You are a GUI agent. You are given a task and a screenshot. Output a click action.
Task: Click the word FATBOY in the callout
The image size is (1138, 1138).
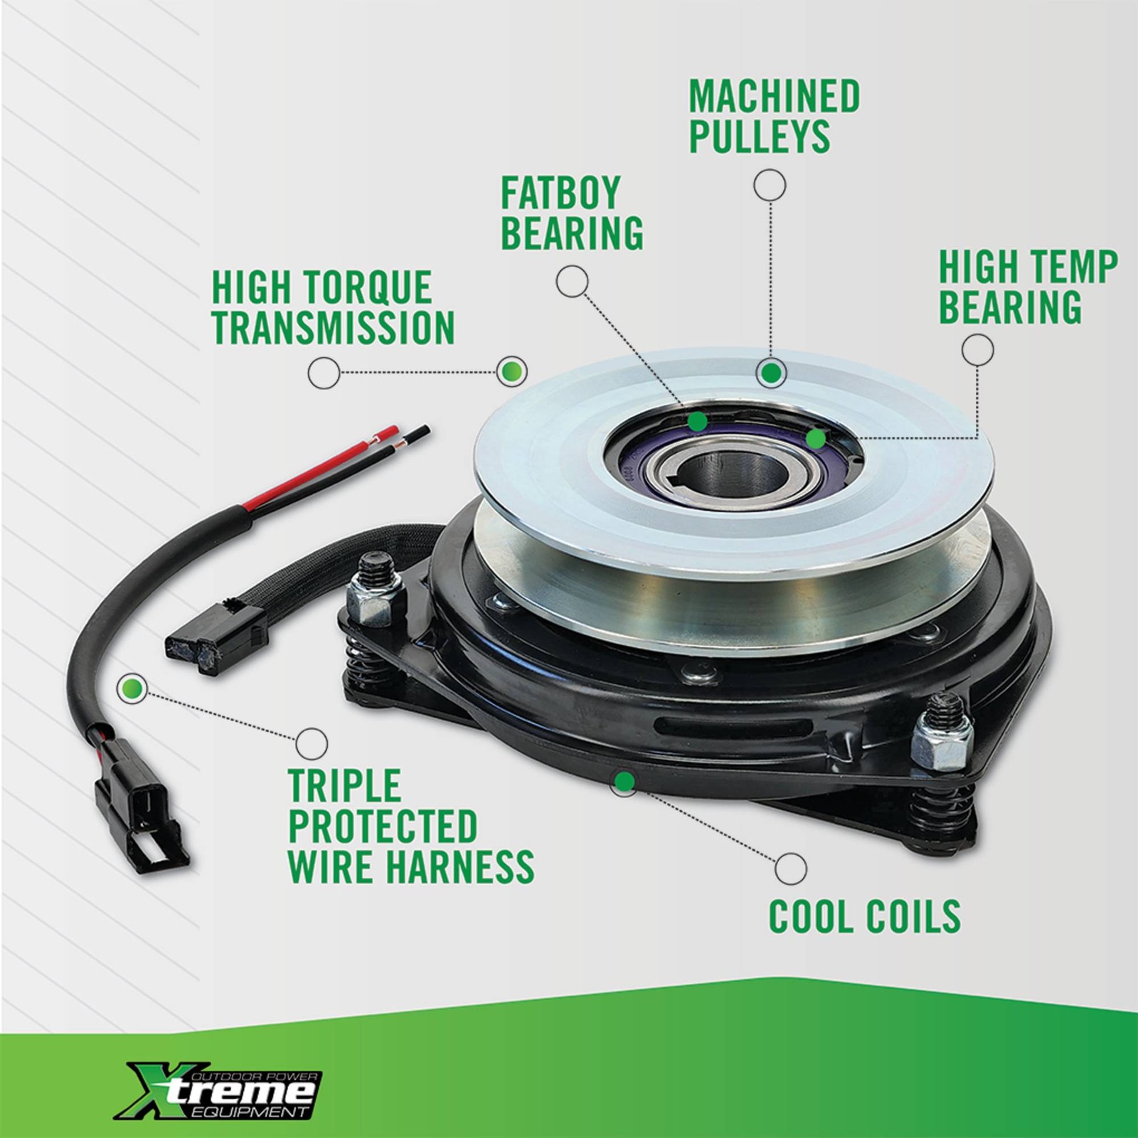tap(560, 193)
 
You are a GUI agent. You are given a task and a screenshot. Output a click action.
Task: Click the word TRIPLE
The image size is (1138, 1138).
tap(345, 786)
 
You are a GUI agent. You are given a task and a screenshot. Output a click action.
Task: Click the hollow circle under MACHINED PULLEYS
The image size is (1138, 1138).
tap(770, 186)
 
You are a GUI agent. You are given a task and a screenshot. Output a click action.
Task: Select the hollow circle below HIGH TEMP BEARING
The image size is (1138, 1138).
tap(977, 350)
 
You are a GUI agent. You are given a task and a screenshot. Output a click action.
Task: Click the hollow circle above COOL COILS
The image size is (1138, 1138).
tap(791, 868)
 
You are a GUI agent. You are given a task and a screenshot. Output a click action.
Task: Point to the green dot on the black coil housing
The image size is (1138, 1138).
tap(624, 782)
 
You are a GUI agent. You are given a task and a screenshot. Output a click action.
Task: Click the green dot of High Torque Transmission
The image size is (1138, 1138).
tap(511, 371)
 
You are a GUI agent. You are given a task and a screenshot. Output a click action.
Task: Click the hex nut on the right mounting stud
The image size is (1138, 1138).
tap(940, 747)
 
